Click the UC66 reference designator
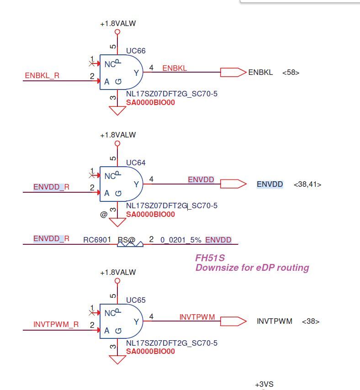tap(136, 51)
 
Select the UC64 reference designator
tap(136, 163)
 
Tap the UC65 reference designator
tap(136, 300)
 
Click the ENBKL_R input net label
tap(42, 75)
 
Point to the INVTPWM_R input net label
tap(56, 324)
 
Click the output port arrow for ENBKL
tap(233, 72)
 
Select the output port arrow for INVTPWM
tap(233, 321)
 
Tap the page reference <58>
tap(291, 73)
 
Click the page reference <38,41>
tap(307, 184)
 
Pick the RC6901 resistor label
tap(97, 240)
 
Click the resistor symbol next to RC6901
tap(130, 244)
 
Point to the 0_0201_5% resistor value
tap(181, 240)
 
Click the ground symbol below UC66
tap(117, 111)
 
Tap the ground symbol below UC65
tap(117, 360)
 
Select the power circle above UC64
tap(117, 143)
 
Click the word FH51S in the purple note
tap(210, 258)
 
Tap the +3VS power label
tap(264, 384)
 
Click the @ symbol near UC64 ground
tap(104, 214)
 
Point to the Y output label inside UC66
tap(136, 73)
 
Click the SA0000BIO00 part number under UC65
tap(150, 351)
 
